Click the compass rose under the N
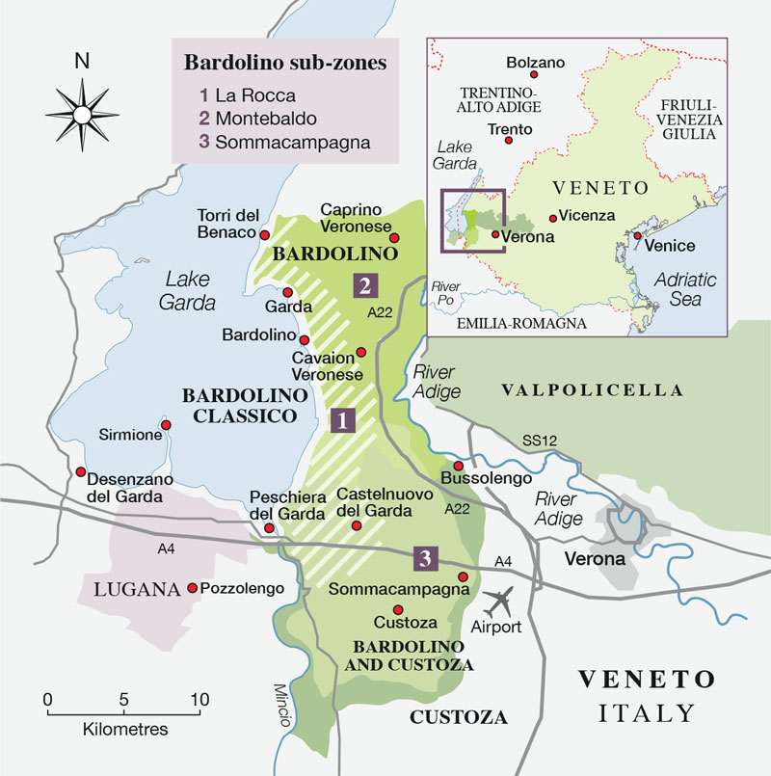[x=81, y=115]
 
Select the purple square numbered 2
[x=364, y=284]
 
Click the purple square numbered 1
[x=339, y=419]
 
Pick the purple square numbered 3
[x=426, y=557]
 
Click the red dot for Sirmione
[x=166, y=425]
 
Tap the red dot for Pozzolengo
[x=193, y=588]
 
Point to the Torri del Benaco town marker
[x=264, y=233]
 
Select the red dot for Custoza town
[x=397, y=609]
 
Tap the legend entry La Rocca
[x=247, y=95]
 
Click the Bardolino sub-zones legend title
[x=285, y=65]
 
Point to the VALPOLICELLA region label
[x=593, y=390]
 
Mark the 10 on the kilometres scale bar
[x=199, y=700]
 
